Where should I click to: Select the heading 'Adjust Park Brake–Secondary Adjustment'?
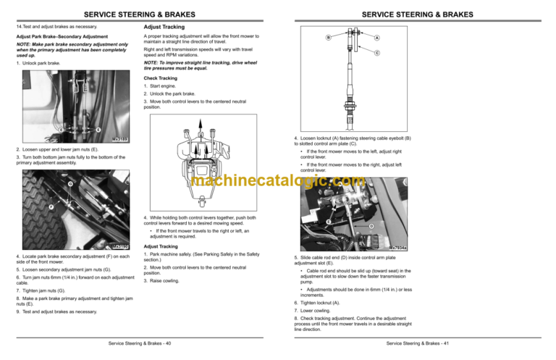coord(56,37)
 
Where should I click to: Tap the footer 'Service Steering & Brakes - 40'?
coord(137,342)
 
